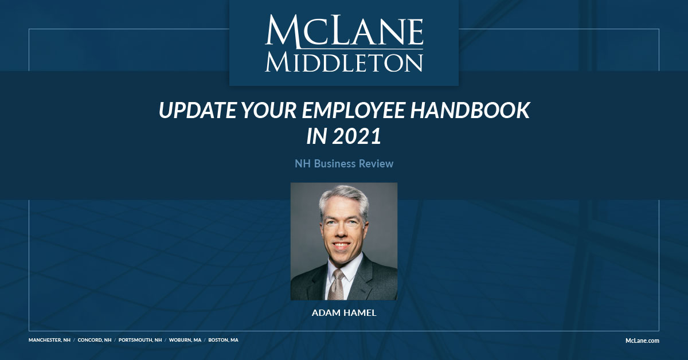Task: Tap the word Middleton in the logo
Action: point(344,62)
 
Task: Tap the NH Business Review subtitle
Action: point(344,164)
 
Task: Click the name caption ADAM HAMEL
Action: point(344,314)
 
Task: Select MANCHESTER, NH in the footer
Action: point(49,340)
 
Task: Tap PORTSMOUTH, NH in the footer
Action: point(140,340)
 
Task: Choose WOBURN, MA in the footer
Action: point(185,340)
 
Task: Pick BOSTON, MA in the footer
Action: point(223,340)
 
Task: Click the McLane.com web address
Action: point(642,341)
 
